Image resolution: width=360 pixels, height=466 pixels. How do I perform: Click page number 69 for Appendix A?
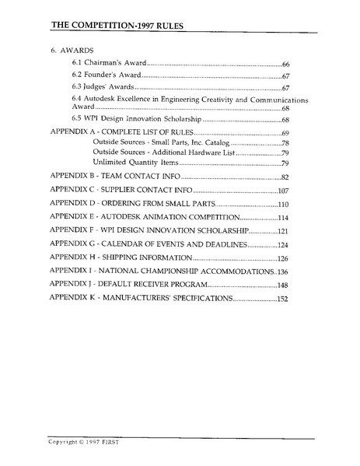coord(285,135)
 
